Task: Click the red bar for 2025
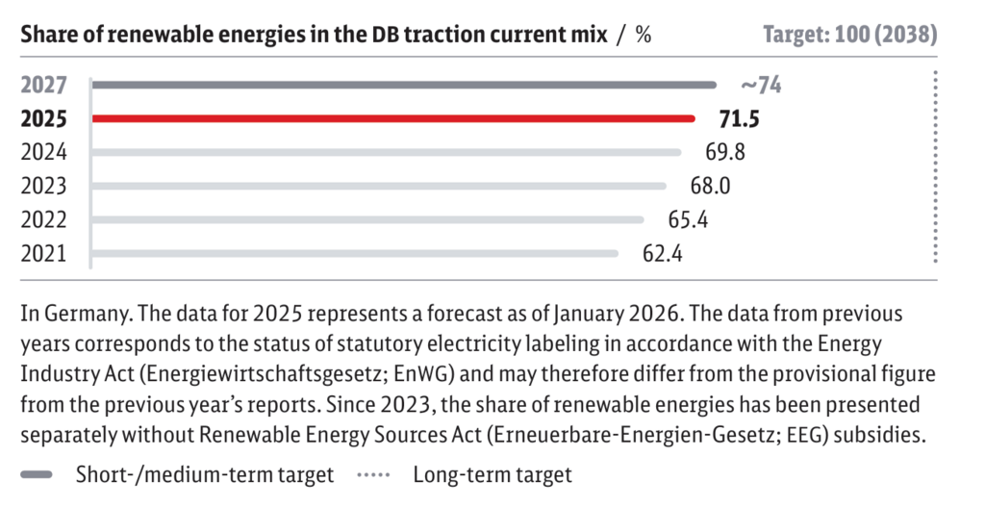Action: click(393, 118)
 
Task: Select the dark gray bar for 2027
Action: click(404, 85)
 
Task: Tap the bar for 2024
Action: click(387, 152)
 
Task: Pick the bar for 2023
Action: click(379, 186)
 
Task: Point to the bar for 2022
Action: click(367, 220)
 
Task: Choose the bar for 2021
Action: click(355, 254)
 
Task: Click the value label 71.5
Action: click(739, 118)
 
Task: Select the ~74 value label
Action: click(762, 85)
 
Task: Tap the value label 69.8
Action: click(725, 152)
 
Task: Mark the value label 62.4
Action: click(662, 254)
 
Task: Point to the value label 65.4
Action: click(688, 220)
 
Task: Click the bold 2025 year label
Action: click(43, 118)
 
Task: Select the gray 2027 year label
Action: click(43, 85)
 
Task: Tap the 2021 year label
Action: click(43, 254)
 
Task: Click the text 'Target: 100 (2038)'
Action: click(850, 35)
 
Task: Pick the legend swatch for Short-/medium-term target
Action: click(37, 475)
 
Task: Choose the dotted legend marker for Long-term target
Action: click(373, 475)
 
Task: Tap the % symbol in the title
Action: click(643, 35)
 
